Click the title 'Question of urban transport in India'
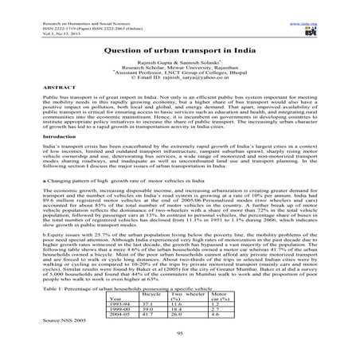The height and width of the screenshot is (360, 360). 179,48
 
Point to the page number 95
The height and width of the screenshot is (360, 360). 180,334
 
